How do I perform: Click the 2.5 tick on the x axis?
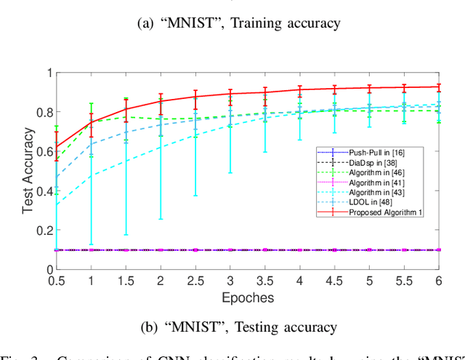pyautogui.click(x=195, y=281)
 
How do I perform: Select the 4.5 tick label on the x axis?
pyautogui.click(x=335, y=281)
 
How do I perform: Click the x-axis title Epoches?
pyautogui.click(x=248, y=297)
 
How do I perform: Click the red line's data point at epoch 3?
pyautogui.click(x=230, y=94)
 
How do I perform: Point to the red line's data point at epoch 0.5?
pyautogui.click(x=56, y=146)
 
